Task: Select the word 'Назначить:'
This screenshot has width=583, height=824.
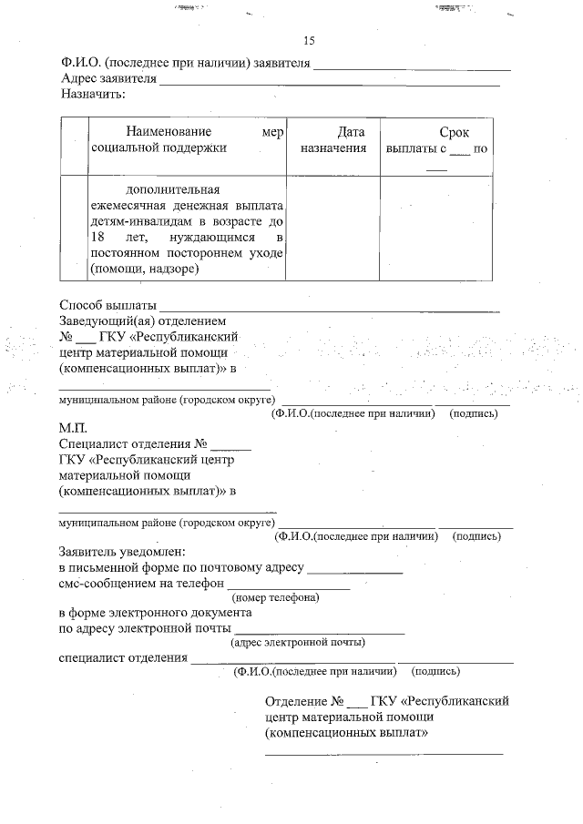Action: coord(92,93)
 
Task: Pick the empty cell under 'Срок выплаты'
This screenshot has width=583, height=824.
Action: coord(436,229)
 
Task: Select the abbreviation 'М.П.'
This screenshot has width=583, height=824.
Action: coord(72,427)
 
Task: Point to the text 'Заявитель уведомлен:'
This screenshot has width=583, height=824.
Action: coord(121,552)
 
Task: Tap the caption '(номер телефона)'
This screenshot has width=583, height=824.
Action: coord(275,598)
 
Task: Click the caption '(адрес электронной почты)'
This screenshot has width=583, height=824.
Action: coord(298,642)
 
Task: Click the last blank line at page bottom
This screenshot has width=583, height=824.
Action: coord(384,753)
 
